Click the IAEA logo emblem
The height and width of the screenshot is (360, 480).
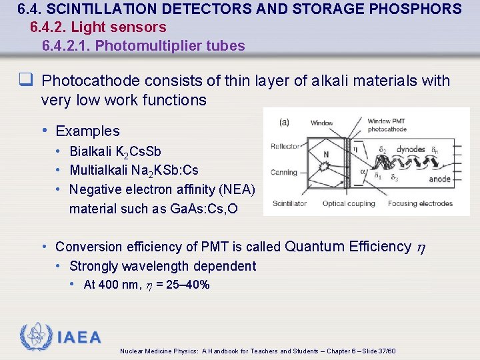point(34,337)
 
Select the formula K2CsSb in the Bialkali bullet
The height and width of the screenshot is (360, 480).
point(138,151)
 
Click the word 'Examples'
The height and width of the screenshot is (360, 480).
point(87,131)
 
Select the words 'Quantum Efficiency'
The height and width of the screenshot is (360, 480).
point(348,247)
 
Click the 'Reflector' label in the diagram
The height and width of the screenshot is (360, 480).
point(285,147)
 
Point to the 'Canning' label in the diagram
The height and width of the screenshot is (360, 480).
point(284,173)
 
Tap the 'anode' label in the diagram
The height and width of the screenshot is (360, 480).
point(439,178)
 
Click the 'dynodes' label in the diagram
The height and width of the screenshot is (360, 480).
point(411,150)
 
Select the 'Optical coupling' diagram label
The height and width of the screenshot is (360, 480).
point(349,203)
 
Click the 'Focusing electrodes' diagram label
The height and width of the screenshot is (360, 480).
point(420,203)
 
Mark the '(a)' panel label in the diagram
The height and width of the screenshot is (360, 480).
point(284,122)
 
